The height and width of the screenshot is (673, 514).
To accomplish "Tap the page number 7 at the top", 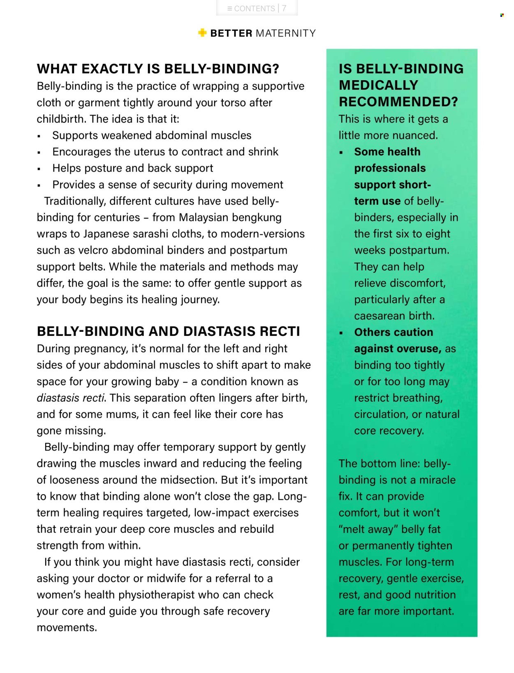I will tap(284, 8).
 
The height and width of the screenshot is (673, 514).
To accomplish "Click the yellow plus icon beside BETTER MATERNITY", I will tap(202, 32).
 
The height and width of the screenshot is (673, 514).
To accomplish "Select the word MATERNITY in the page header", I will tap(286, 33).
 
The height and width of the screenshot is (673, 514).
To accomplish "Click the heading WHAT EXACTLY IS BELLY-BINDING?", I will tap(158, 69).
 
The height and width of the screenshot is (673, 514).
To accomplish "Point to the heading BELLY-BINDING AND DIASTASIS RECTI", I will tap(168, 331).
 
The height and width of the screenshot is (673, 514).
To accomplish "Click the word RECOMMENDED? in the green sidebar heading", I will tap(398, 102).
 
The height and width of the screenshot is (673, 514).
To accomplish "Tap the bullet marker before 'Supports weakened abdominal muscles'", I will tap(39, 136).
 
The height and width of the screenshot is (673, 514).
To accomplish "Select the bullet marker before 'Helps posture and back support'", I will tap(39, 169).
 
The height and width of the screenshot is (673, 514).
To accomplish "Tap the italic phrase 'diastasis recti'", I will tap(70, 398).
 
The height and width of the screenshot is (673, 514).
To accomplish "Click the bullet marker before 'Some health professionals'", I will tap(341, 153).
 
